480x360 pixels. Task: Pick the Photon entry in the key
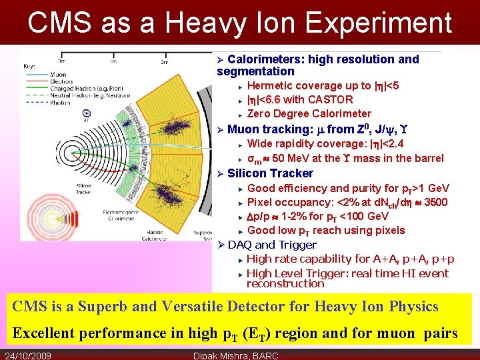pos(59,103)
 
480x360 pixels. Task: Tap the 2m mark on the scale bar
pos(165,62)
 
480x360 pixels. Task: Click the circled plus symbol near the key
pos(85,113)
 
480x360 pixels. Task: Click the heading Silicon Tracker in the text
pos(270,173)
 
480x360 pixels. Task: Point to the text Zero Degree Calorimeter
pos(309,113)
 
